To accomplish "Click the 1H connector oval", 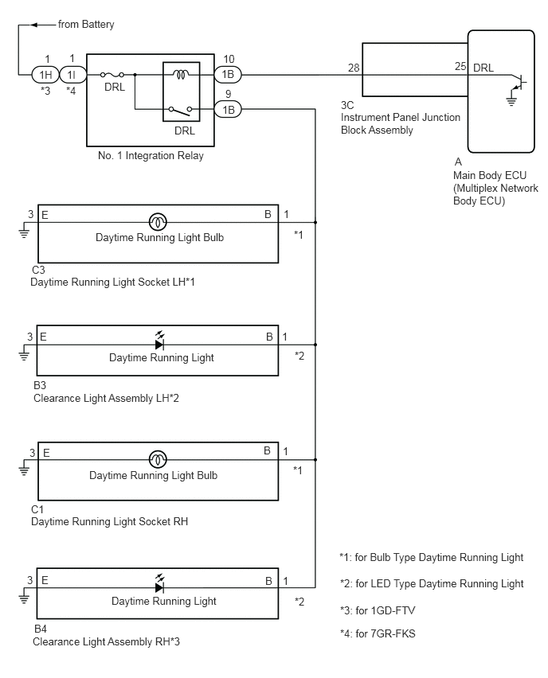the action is click(x=45, y=75).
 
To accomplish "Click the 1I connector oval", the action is click(x=72, y=75).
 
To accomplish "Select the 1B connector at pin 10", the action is click(x=228, y=75).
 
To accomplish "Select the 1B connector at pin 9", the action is click(x=228, y=110).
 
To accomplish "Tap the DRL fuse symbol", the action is click(x=112, y=75).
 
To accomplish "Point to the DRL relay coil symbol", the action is click(x=181, y=75).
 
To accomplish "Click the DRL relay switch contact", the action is click(x=181, y=111).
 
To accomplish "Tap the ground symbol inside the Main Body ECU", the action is click(x=511, y=101).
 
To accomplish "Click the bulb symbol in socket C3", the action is click(x=158, y=222).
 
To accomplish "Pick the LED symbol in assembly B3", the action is click(x=159, y=341).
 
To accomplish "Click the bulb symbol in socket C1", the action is click(x=158, y=460).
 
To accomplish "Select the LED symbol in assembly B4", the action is click(x=159, y=585).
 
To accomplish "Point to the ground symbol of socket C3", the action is click(x=24, y=233).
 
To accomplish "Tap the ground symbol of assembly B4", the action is click(x=24, y=598).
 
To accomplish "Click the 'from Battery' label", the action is click(x=86, y=25).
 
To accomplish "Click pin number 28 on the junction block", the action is click(x=354, y=68).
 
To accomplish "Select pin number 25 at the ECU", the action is click(x=460, y=66).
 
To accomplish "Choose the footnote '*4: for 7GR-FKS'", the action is click(x=378, y=634).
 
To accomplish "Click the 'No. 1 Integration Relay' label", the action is click(x=151, y=156).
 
